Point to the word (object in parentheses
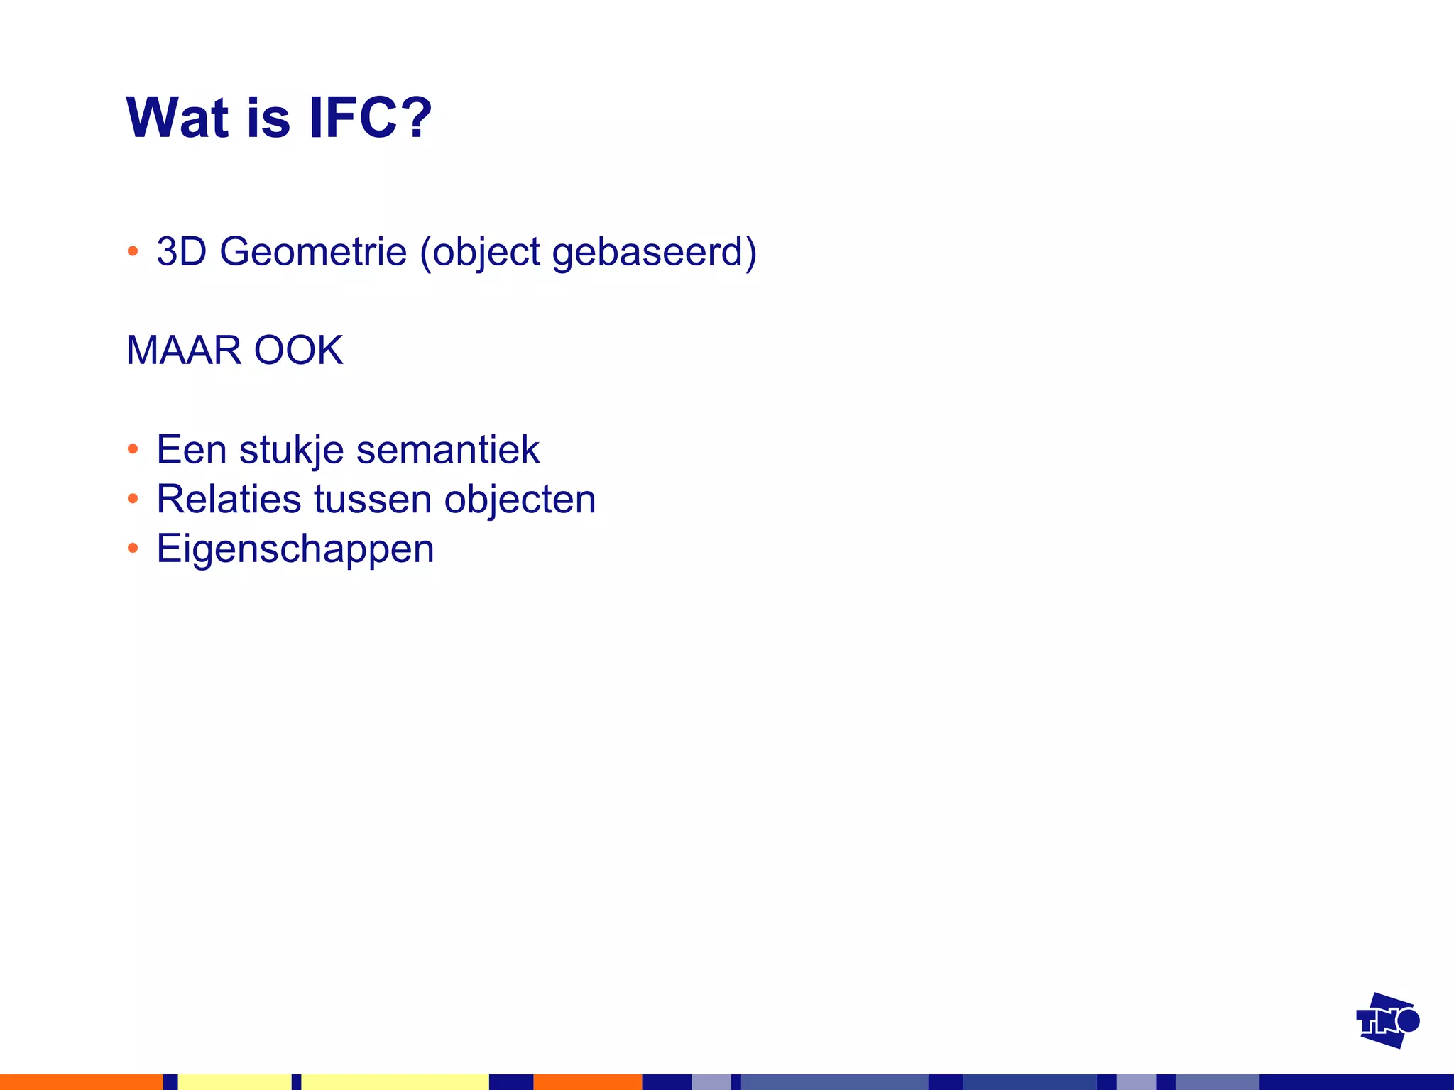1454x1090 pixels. (x=480, y=253)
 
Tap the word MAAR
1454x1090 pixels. (x=184, y=351)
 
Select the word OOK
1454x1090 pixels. (x=298, y=351)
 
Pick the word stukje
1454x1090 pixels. (x=292, y=451)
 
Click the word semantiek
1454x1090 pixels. (x=447, y=449)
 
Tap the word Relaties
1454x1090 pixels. (x=228, y=499)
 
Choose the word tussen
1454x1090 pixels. (x=372, y=499)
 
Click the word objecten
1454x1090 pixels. (x=520, y=500)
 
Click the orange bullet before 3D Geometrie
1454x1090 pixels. (x=133, y=251)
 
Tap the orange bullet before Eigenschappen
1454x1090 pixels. (x=133, y=549)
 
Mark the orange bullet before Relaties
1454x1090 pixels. (x=133, y=499)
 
